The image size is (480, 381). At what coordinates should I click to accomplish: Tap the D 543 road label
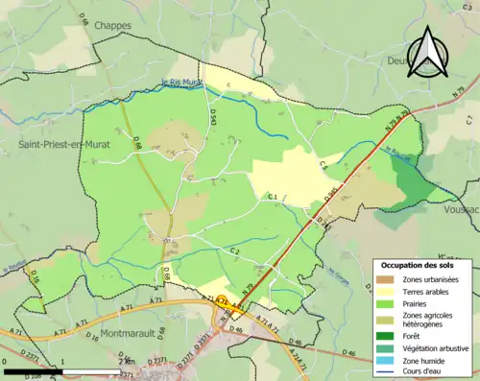point(212,117)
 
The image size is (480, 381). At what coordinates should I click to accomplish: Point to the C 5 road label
point(324,166)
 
